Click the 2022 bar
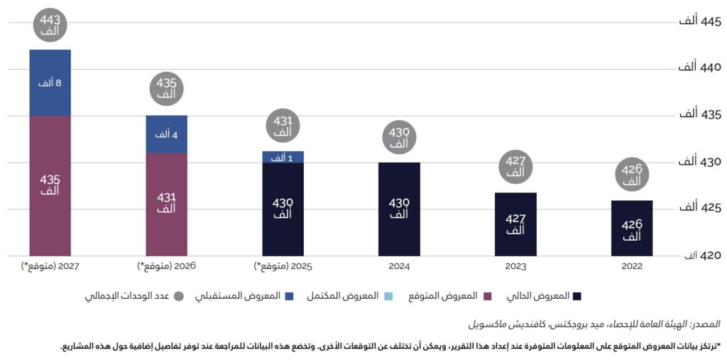pos(632,228)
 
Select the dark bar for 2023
pos(515,224)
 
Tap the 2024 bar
pos(399,209)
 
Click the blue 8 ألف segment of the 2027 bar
pos(50,82)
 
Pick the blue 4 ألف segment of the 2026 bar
pos(166,133)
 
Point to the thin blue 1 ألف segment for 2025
pos(283,157)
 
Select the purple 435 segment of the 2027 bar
pos(50,185)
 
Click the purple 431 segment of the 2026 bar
pos(166,203)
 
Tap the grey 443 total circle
pos(50,25)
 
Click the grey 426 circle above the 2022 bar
pos(632,175)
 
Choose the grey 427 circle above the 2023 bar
pos(515,166)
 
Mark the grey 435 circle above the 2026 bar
pos(166,89)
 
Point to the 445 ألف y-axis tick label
pos(699,21)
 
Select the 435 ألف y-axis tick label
pos(699,114)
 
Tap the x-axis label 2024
pos(399,267)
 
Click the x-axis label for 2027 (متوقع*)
pos(50,267)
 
